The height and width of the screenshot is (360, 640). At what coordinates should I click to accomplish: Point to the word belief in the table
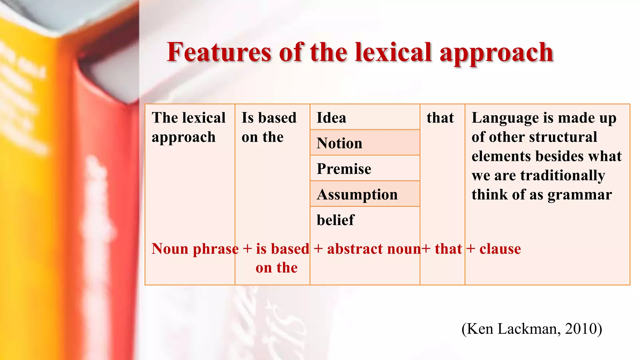[x=335, y=220]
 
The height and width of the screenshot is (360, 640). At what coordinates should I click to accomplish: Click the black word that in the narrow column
[x=440, y=118]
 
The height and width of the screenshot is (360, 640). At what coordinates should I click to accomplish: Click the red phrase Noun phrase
[x=195, y=249]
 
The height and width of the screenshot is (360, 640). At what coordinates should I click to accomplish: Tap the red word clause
[x=500, y=249]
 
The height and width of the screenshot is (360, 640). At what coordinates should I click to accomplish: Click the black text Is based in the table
[x=269, y=118]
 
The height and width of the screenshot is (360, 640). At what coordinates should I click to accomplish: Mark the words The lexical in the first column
[x=188, y=118]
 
